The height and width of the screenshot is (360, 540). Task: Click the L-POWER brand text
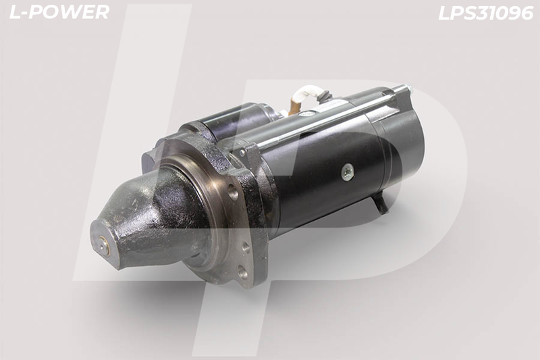click(59, 12)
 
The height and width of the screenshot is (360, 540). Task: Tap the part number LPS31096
click(485, 14)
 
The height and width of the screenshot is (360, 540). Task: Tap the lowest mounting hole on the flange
click(244, 274)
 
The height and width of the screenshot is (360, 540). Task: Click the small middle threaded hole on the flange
click(245, 247)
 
